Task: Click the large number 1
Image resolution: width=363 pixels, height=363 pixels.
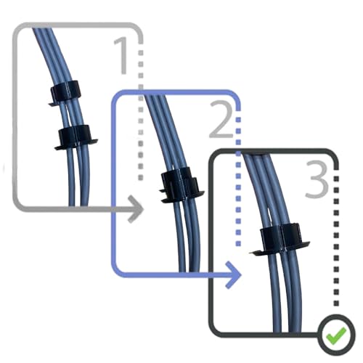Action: point(122,56)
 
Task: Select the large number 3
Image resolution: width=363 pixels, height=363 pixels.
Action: point(317,179)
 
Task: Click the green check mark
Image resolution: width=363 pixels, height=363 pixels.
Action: point(336,336)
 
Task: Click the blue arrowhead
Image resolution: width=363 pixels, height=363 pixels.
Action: point(234,274)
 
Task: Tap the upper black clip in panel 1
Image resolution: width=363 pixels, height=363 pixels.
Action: point(65,93)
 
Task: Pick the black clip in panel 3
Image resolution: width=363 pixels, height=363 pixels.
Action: point(280,239)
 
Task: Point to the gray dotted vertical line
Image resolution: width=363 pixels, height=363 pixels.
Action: point(141,111)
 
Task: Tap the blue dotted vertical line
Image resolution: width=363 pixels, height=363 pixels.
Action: point(238,179)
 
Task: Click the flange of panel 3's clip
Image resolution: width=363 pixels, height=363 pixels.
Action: point(280,249)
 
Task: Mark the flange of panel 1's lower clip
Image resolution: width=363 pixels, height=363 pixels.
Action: point(76,144)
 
